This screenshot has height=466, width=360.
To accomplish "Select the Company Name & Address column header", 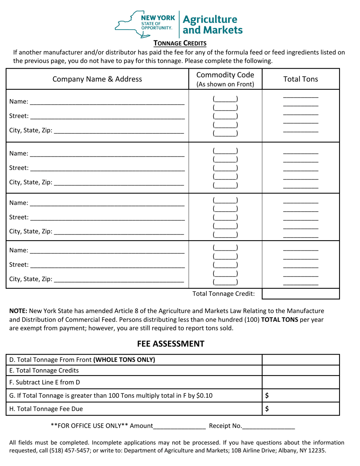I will click(x=97, y=79).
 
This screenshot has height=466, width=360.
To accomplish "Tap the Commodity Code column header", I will click(x=224, y=79).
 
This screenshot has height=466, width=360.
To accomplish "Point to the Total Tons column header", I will click(x=301, y=79).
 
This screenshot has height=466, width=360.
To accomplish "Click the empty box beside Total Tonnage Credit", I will click(x=301, y=293).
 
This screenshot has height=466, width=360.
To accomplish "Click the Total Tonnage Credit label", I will click(x=224, y=294).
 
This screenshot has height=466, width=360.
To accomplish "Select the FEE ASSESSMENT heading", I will click(x=171, y=344).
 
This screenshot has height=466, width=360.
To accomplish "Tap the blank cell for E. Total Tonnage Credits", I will click(x=301, y=371).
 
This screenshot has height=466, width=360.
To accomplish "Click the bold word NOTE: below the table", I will click(x=19, y=311).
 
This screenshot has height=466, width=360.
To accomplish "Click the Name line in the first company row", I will click(x=107, y=102).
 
